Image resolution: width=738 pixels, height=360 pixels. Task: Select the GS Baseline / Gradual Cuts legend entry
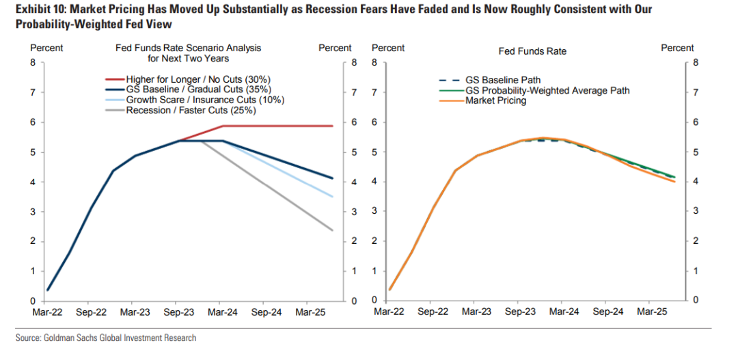click(x=199, y=89)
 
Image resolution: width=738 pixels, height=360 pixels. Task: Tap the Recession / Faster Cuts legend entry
click(x=191, y=110)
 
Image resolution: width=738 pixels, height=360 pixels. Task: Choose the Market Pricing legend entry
click(x=495, y=100)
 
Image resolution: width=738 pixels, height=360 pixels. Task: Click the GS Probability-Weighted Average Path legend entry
click(x=547, y=90)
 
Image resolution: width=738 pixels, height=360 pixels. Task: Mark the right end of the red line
click(x=333, y=126)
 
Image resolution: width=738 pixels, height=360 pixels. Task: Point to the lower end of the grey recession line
click(x=333, y=230)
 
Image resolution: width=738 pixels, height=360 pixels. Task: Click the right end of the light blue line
click(x=333, y=197)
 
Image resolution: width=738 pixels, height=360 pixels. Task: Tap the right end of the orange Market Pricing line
click(x=674, y=182)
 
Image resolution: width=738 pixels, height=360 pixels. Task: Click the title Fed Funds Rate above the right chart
click(x=532, y=51)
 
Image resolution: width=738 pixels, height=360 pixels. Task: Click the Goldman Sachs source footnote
click(x=106, y=338)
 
